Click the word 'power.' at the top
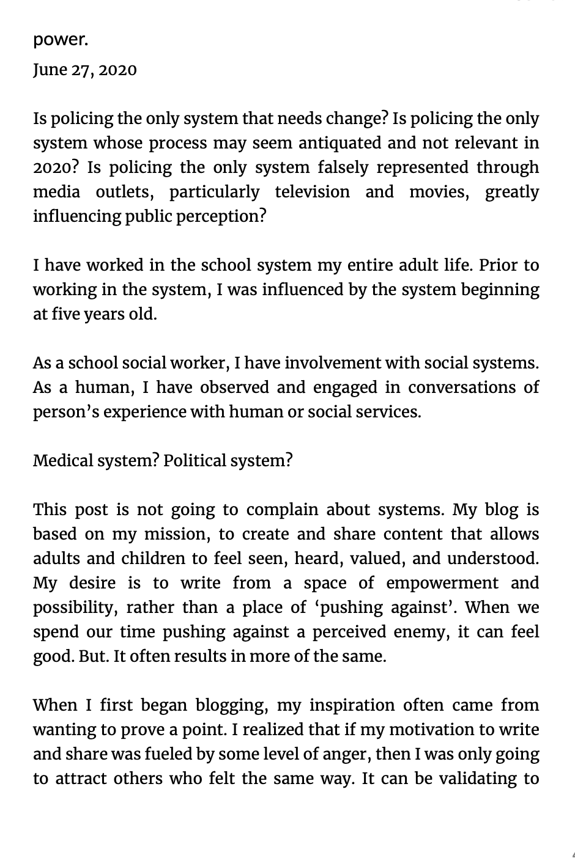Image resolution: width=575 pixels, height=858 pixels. [61, 40]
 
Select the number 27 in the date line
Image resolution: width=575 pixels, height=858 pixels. [83, 70]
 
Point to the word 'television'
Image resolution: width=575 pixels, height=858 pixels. [312, 192]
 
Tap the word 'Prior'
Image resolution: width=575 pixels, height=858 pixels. [499, 265]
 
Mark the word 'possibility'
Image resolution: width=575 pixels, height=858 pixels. [78, 607]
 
